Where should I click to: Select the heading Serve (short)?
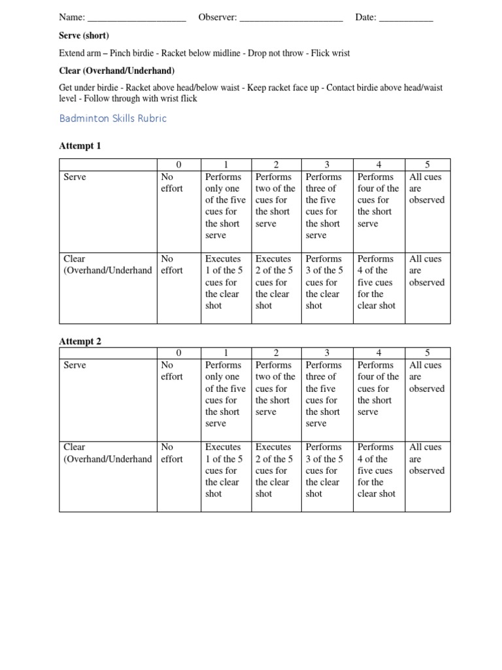point(84,35)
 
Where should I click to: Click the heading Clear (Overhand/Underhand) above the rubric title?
point(117,71)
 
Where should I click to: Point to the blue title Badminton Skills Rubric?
point(112,118)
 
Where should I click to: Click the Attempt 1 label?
point(80,146)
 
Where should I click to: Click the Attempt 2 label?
point(80,342)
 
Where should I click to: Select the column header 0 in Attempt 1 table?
point(178,164)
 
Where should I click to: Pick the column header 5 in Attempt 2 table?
point(427,353)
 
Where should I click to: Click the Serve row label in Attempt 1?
point(75,177)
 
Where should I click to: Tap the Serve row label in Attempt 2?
point(75,366)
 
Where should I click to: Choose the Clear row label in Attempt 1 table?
point(107,265)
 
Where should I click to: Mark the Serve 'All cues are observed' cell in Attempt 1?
point(427,188)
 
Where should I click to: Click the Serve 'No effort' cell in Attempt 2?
point(172,371)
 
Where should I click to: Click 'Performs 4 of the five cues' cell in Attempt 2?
point(376,470)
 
